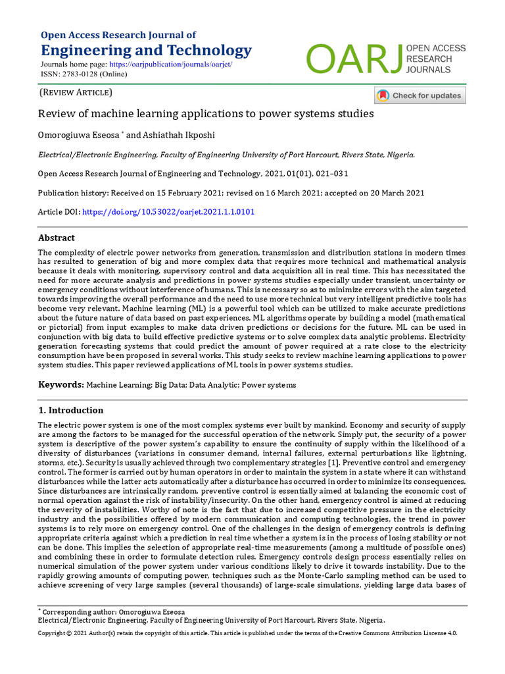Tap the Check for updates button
tap(420, 95)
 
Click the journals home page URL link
tap(170, 65)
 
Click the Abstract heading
tap(57, 238)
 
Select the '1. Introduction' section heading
tap(70, 410)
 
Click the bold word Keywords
tap(60, 384)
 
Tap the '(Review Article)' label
tap(76, 93)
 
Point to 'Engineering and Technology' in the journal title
tap(146, 51)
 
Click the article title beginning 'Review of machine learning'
tap(206, 113)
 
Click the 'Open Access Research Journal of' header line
tap(118, 35)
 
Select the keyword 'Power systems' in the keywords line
tap(270, 385)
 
